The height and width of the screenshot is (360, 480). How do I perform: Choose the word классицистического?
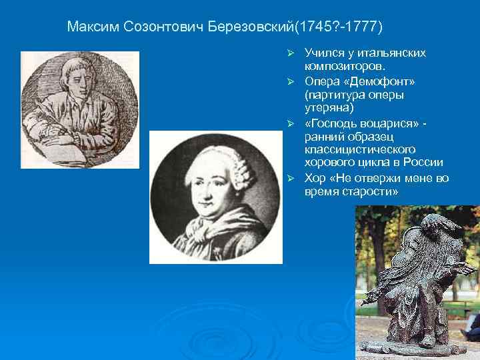360,149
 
